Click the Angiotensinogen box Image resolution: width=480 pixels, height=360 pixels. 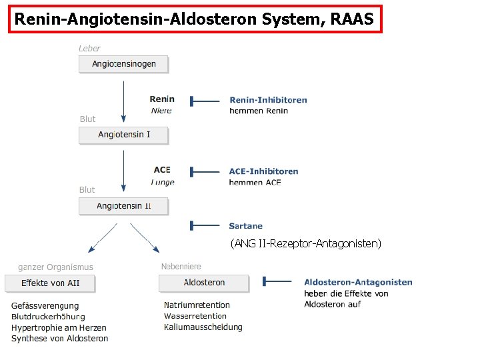(x=123, y=64)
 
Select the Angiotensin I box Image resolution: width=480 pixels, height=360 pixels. (x=123, y=135)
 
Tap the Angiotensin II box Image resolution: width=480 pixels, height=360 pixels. (x=123, y=206)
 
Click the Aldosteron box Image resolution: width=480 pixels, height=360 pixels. (x=204, y=283)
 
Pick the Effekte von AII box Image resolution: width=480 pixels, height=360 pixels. (x=50, y=283)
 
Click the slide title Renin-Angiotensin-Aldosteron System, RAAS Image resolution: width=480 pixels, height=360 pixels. (x=195, y=19)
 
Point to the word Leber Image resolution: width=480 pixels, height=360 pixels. (x=89, y=48)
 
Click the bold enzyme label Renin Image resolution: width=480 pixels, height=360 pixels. (x=162, y=99)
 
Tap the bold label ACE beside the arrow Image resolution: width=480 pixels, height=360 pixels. (x=162, y=170)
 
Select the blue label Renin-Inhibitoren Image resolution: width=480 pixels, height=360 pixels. (x=268, y=100)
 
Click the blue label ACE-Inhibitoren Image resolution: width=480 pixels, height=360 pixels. (x=263, y=171)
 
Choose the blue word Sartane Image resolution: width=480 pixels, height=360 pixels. (x=245, y=226)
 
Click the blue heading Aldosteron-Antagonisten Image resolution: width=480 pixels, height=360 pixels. (x=358, y=283)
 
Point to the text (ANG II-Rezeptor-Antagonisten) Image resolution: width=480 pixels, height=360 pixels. (x=306, y=244)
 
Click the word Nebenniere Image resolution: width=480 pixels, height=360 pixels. (x=181, y=267)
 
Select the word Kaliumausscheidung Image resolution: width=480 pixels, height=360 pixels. (x=203, y=327)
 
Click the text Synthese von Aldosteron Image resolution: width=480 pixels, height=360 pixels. (x=59, y=339)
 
